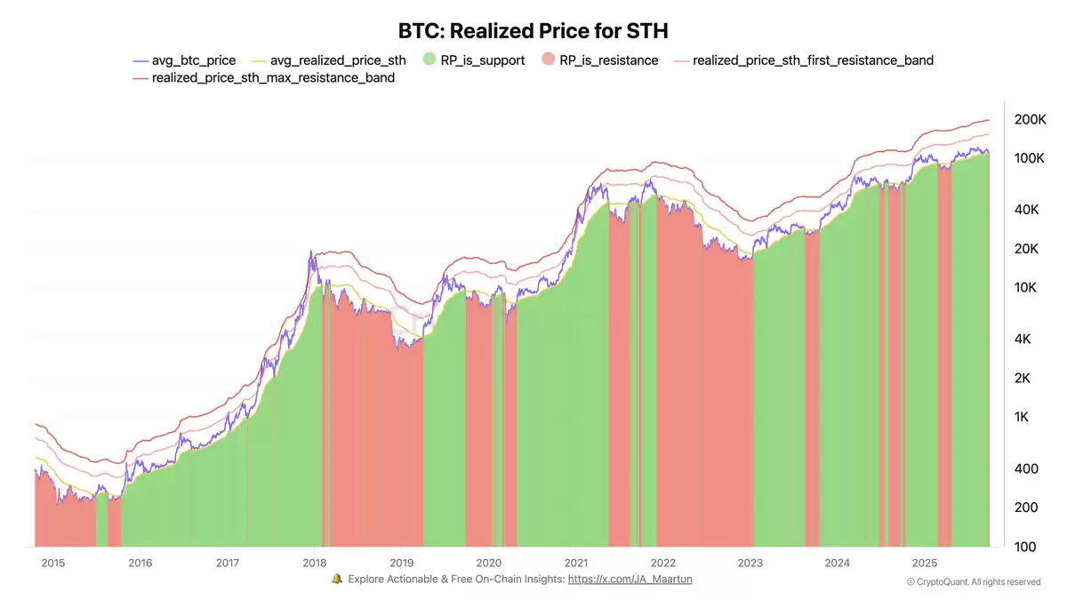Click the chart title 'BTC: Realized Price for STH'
click(533, 31)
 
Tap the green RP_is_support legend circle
click(429, 60)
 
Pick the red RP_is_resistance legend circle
click(548, 60)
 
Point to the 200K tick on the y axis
click(1030, 119)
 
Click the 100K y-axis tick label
click(1030, 158)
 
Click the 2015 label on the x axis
click(52, 563)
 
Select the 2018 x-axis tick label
click(314, 563)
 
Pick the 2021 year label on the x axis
click(575, 563)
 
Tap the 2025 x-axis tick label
click(925, 563)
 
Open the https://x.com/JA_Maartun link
click(630, 580)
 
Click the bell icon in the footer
click(337, 580)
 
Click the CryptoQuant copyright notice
click(973, 582)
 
